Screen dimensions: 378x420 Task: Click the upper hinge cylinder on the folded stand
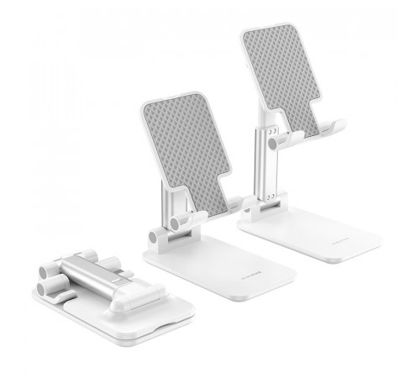pos(49,270)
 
